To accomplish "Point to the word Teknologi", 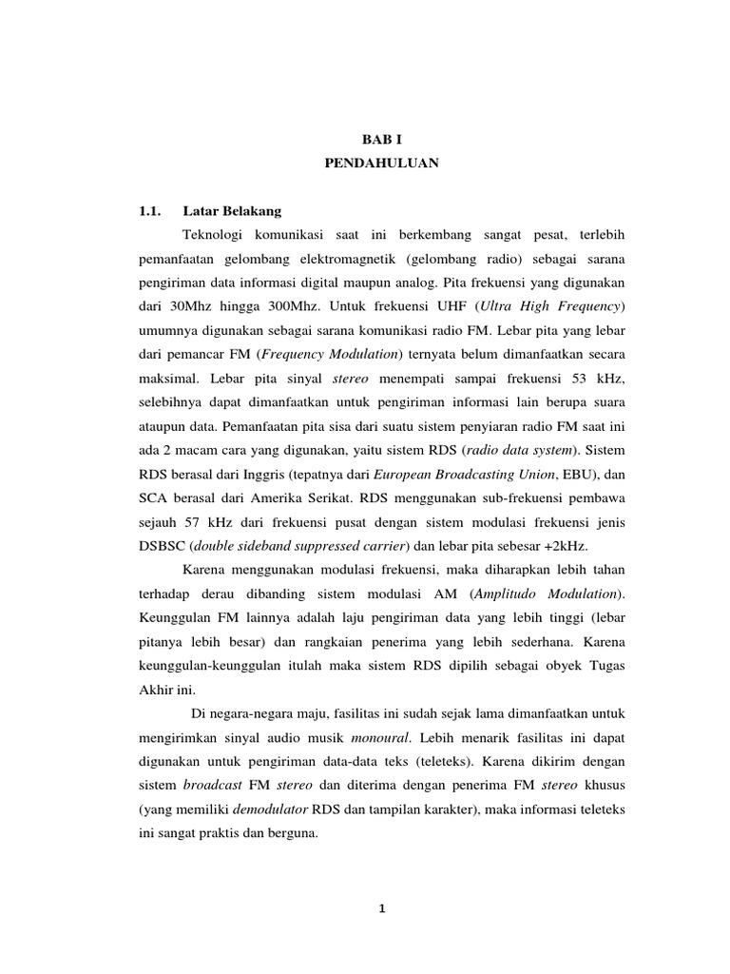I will pos(217,234).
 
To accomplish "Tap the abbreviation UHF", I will pos(452,308).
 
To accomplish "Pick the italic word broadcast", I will pos(212,787).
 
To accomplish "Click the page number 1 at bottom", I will pos(381,907).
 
